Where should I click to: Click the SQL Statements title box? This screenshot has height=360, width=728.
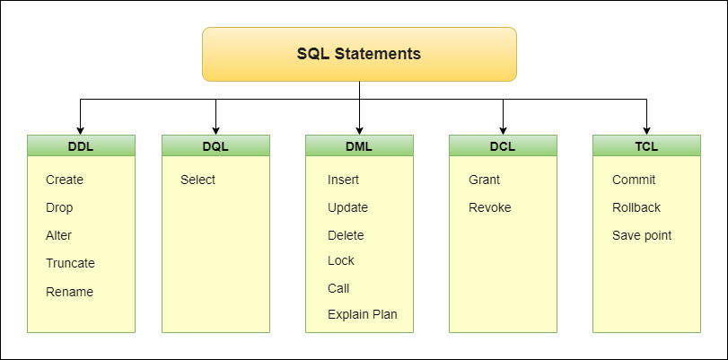point(359,54)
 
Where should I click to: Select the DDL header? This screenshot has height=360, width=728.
point(81,145)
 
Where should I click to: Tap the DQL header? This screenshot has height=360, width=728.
point(215,145)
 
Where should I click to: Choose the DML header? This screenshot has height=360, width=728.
point(359,145)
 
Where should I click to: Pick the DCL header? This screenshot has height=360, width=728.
point(503,145)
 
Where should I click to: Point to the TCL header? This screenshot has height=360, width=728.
point(646,145)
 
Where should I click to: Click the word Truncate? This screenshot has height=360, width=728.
point(70,263)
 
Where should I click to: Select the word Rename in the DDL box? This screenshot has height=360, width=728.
point(70,292)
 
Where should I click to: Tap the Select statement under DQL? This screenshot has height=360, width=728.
point(197,180)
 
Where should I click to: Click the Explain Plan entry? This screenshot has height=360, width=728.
point(363,314)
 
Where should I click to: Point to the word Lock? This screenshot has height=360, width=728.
point(341,260)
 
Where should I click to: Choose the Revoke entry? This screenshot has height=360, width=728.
point(490,207)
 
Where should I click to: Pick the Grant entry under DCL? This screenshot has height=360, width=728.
point(484,180)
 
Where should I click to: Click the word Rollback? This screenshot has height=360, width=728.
point(636,207)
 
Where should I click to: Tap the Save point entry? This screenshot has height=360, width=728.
point(642,235)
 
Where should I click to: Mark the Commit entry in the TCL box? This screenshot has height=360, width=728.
point(634,180)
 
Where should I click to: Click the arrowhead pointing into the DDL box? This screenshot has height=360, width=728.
point(80,130)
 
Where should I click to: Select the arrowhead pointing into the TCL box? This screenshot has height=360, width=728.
point(646,130)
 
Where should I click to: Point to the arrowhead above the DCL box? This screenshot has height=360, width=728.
point(503,130)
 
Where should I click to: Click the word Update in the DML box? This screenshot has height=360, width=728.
point(347,207)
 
